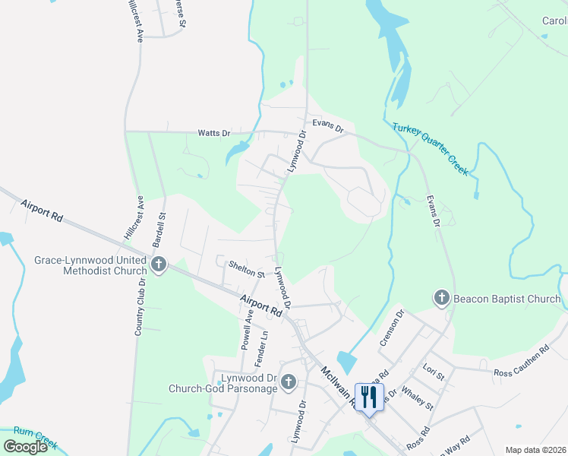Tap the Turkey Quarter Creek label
tap(430, 150)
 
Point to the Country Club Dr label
tap(139, 306)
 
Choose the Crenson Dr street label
tap(393, 326)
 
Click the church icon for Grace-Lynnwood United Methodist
tap(159, 265)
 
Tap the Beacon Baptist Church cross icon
tap(442, 299)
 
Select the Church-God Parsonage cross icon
tap(288, 382)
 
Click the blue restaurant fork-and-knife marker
tap(369, 397)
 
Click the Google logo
tap(26, 447)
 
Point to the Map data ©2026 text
tap(535, 450)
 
